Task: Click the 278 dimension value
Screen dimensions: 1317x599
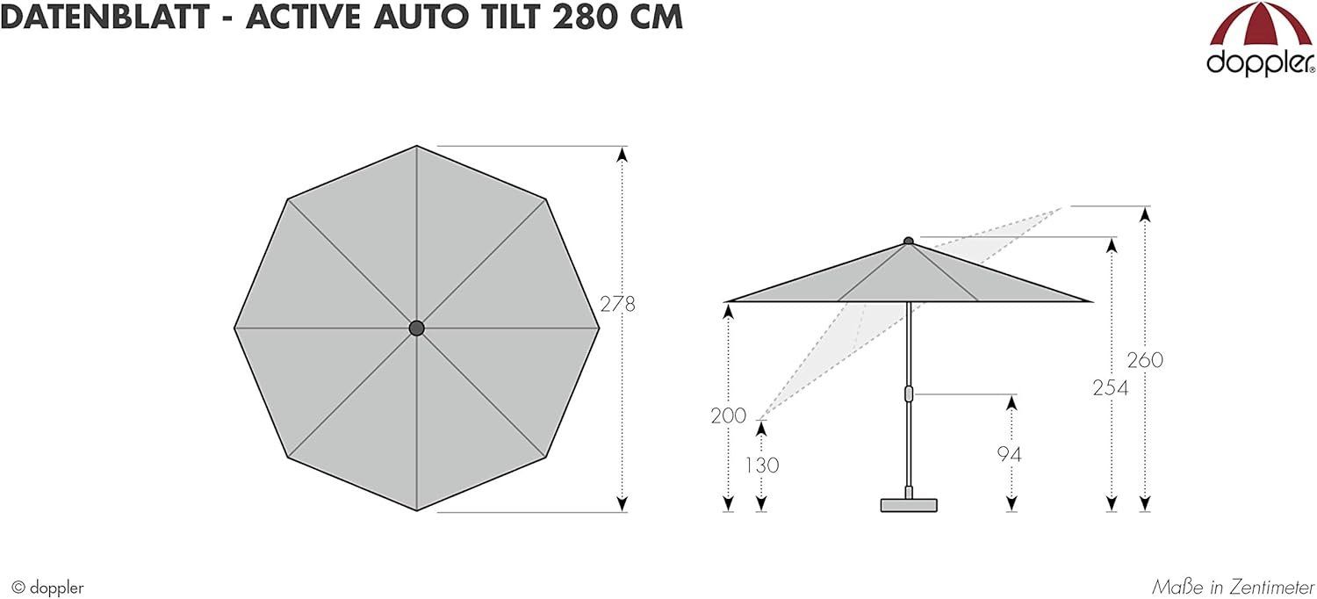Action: click(x=617, y=304)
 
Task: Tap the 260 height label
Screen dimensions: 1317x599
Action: click(x=1145, y=360)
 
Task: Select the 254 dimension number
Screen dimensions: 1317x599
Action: click(x=1111, y=387)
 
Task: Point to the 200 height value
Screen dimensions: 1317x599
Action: click(x=729, y=416)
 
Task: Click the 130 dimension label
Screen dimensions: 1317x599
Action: click(x=762, y=465)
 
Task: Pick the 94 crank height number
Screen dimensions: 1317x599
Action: click(x=1009, y=454)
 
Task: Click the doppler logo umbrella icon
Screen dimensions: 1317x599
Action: click(x=1260, y=25)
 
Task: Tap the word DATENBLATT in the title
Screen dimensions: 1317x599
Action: click(x=104, y=17)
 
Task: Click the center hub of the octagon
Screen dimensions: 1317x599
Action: click(x=416, y=328)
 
